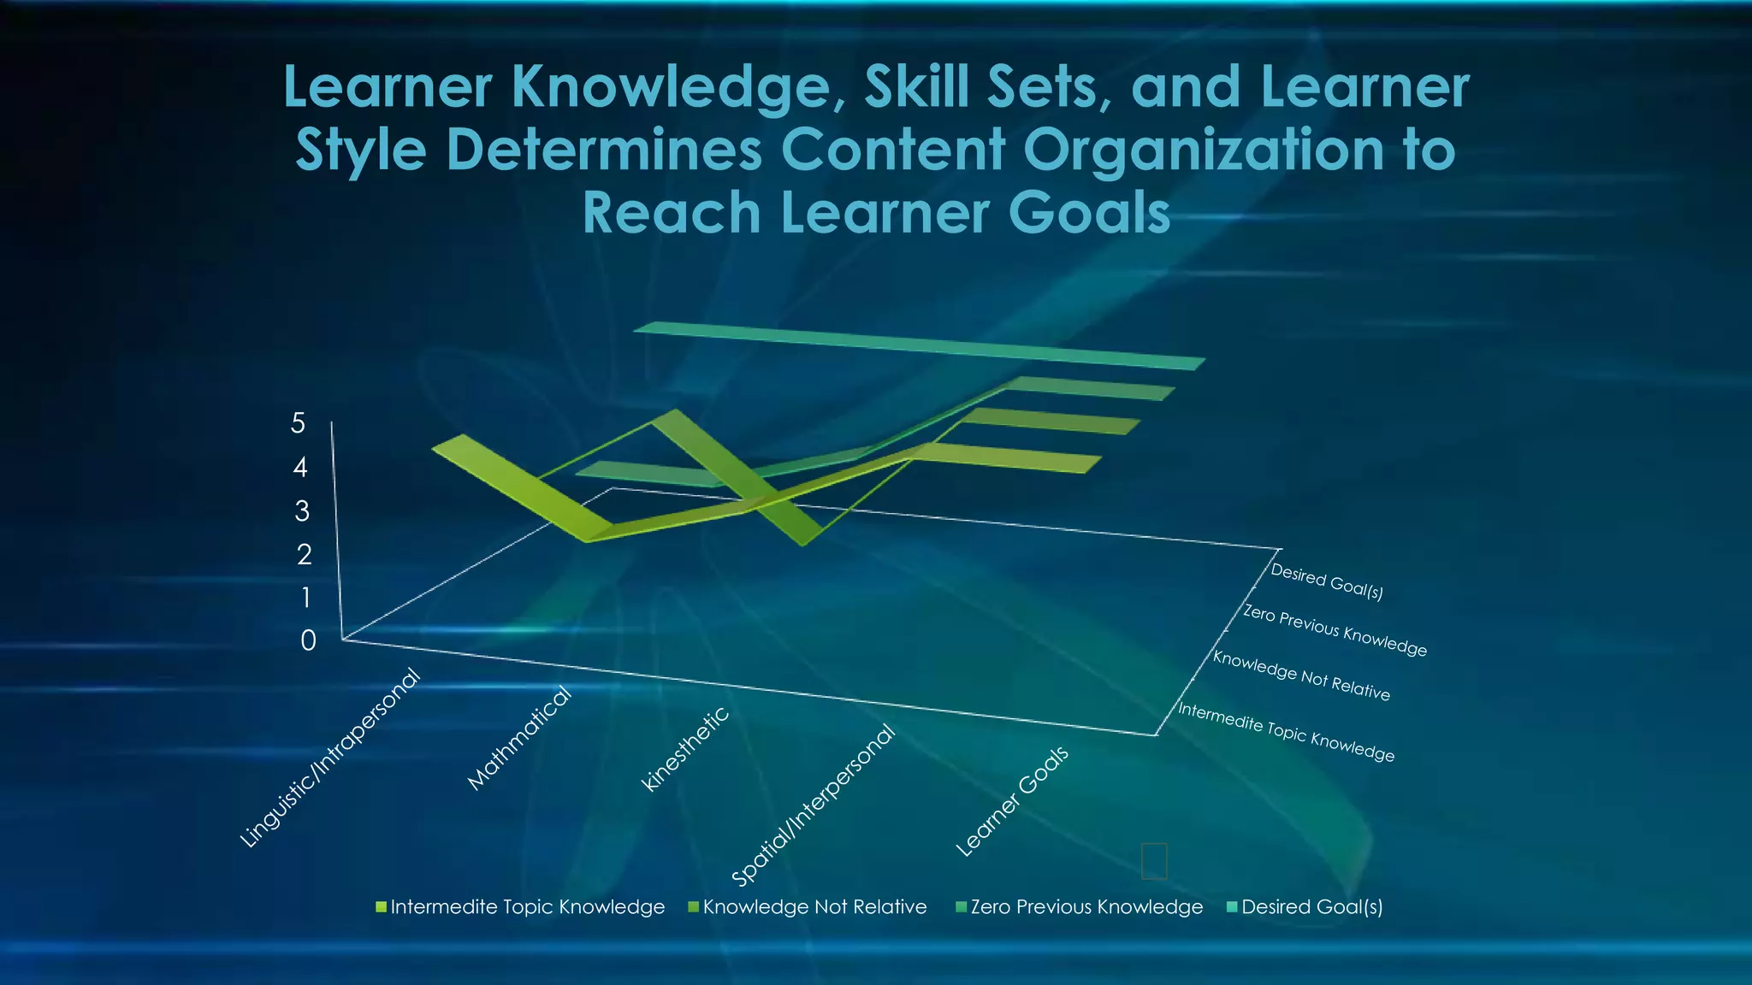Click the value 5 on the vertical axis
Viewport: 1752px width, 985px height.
point(298,422)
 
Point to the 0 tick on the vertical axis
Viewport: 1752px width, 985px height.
point(308,640)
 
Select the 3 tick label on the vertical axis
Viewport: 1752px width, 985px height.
point(302,511)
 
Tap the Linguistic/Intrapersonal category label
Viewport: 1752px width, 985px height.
point(330,758)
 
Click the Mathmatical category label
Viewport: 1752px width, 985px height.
point(519,738)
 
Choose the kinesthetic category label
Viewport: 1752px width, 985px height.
point(685,748)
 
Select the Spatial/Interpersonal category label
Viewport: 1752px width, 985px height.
point(813,805)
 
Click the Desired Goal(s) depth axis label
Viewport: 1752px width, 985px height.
point(1327,581)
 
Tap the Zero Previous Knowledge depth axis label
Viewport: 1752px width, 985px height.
point(1335,630)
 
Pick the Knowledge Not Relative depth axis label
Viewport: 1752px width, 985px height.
point(1301,675)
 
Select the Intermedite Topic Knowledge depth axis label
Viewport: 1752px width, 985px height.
point(1286,732)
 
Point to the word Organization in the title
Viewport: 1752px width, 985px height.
point(1204,150)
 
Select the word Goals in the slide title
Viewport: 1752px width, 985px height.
point(1089,213)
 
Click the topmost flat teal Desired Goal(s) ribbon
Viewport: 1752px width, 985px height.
point(920,345)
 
